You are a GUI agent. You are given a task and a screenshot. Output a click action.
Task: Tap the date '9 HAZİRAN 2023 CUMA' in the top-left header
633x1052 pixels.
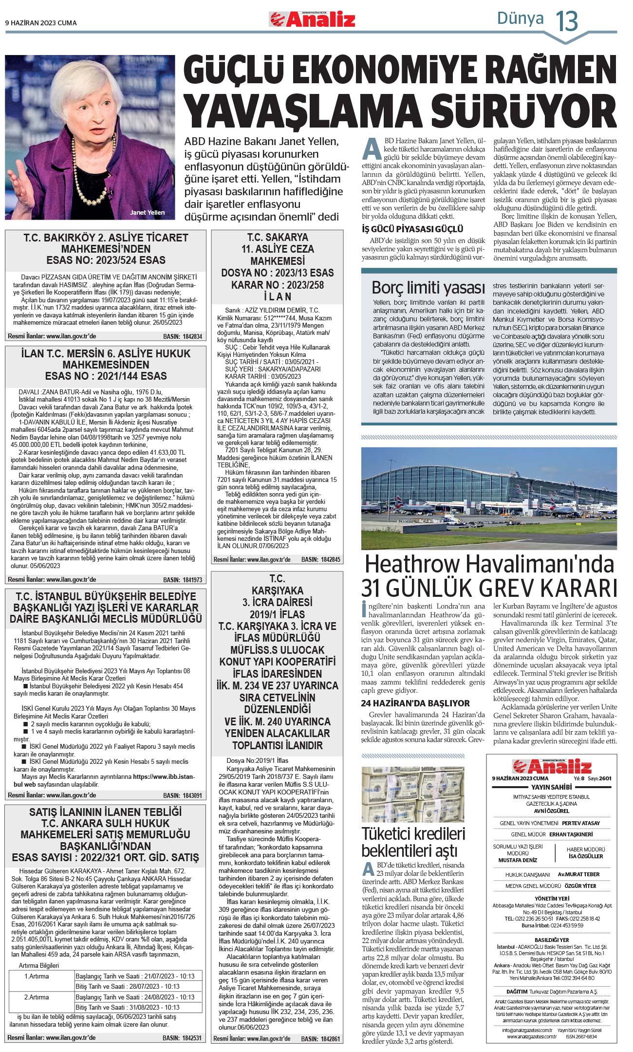click(x=41, y=23)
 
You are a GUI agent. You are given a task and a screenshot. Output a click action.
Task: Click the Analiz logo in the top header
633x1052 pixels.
click(x=312, y=20)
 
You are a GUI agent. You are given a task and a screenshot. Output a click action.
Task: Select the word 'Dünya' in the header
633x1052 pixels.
click(x=520, y=18)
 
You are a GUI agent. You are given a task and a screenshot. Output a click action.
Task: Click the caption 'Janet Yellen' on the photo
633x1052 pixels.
click(x=147, y=213)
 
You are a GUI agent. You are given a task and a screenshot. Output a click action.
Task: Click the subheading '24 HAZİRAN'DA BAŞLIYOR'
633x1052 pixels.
click(x=415, y=703)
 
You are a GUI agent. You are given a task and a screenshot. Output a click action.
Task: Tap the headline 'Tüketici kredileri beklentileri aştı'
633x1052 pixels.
click(x=413, y=842)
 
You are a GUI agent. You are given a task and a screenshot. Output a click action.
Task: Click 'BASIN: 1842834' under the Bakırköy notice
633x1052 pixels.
click(x=183, y=336)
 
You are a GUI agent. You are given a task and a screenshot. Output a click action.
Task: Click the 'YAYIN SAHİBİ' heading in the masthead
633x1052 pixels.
click(x=551, y=787)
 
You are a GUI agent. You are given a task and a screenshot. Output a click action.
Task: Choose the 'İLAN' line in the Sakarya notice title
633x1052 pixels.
click(x=277, y=296)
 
